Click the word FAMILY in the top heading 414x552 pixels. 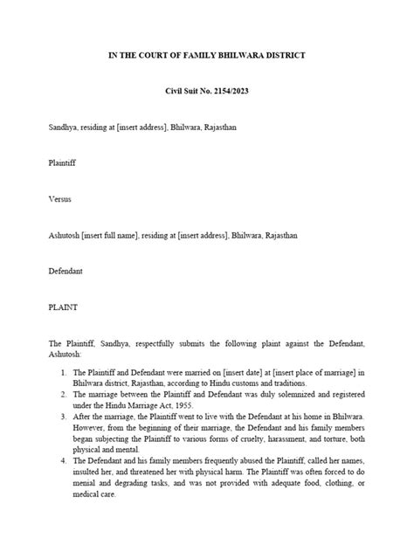pos(197,56)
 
